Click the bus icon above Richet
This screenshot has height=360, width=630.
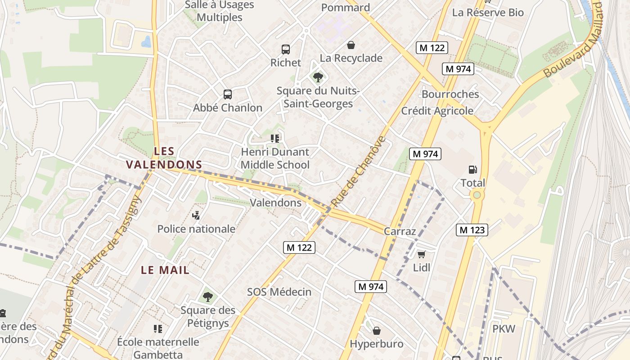(x=285, y=49)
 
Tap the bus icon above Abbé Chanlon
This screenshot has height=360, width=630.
(x=228, y=94)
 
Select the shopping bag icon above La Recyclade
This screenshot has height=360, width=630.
(x=351, y=45)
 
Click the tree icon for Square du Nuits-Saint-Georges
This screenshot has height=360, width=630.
(x=318, y=77)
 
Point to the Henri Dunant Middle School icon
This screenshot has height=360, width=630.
(x=275, y=139)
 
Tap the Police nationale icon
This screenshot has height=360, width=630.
(x=196, y=216)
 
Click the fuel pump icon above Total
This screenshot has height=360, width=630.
(x=472, y=170)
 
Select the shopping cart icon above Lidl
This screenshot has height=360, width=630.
(x=421, y=255)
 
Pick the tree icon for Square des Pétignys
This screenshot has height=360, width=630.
(x=207, y=297)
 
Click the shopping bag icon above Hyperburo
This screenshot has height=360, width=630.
(x=377, y=331)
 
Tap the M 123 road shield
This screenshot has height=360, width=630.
(x=472, y=230)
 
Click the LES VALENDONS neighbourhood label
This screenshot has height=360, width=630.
(x=164, y=158)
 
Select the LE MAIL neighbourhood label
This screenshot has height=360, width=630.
(x=165, y=270)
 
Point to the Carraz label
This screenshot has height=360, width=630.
(x=400, y=231)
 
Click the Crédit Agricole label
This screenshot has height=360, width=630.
(x=437, y=111)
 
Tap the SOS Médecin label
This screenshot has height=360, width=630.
(x=279, y=292)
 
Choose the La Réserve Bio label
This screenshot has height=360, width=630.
(x=488, y=13)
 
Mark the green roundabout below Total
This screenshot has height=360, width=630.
(x=476, y=195)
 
